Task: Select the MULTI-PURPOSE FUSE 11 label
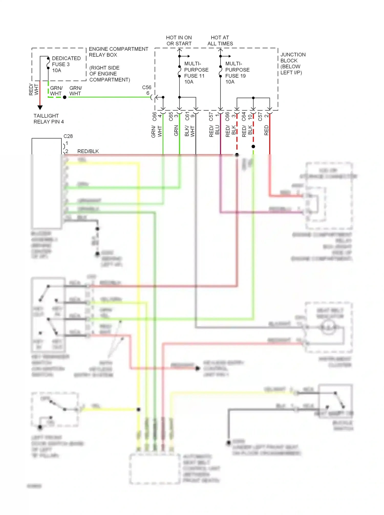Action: (196, 73)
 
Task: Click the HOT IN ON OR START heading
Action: (179, 41)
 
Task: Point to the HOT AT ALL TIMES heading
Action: (220, 41)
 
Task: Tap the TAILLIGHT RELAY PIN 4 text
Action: (48, 119)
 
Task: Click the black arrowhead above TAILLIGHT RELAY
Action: (40, 107)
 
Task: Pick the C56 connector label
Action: (147, 87)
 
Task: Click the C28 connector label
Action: (68, 136)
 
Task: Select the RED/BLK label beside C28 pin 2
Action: (88, 151)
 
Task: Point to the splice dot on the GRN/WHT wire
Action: (65, 97)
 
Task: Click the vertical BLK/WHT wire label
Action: (190, 131)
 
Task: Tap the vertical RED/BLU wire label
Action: (214, 131)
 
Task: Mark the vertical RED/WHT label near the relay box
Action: (34, 89)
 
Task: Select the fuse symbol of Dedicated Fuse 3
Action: (48, 63)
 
